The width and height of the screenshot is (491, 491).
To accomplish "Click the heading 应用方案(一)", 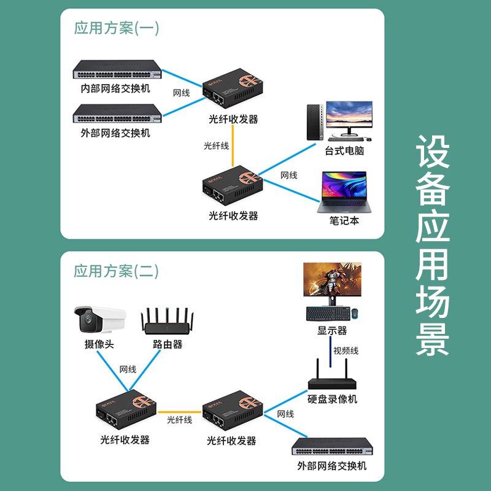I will [116, 28].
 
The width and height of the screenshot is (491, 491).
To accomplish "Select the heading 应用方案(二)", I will [116, 271].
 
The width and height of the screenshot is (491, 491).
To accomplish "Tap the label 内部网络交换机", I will [115, 88].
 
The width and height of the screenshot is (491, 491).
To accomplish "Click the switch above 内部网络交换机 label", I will [116, 69].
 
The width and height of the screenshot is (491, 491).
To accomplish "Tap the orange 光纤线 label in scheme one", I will [216, 146].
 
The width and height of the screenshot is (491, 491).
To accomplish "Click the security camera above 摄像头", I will [99, 320].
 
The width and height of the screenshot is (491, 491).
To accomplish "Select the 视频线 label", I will [346, 351].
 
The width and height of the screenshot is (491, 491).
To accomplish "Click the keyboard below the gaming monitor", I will [328, 314].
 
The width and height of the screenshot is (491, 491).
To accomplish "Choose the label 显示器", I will [332, 331].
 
